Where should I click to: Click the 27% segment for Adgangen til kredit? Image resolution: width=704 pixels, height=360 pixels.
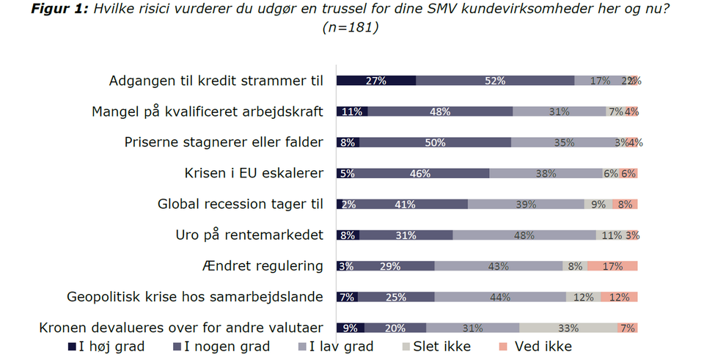(x=376, y=81)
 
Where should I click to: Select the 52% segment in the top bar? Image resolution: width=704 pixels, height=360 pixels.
(x=495, y=81)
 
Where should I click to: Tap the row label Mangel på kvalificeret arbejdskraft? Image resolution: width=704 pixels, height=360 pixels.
(x=208, y=111)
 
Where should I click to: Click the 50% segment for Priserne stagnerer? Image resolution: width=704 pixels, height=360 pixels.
(x=436, y=142)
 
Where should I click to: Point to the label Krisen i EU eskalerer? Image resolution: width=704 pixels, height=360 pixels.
(x=254, y=173)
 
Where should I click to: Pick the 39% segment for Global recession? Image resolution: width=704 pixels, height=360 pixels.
(x=526, y=205)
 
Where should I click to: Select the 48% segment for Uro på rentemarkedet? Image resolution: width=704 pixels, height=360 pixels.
(x=524, y=235)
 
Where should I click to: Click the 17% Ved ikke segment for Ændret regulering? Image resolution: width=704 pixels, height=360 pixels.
(x=612, y=266)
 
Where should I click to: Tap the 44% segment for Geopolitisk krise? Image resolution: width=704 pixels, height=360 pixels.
(x=500, y=297)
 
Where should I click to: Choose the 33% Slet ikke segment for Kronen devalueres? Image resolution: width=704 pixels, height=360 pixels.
(x=568, y=328)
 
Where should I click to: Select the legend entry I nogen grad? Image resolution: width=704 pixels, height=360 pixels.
(x=220, y=346)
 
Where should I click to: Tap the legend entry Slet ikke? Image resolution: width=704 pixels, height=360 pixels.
(x=439, y=346)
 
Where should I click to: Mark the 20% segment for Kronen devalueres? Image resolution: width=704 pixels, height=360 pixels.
(x=395, y=328)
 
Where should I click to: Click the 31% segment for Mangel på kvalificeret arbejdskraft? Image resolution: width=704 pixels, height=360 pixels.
(x=559, y=111)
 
